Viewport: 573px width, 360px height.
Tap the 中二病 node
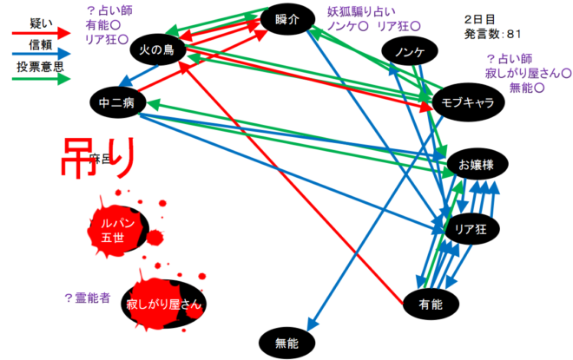tap(115, 102)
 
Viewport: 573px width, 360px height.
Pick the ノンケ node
tap(408, 52)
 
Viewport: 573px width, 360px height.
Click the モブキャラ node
tap(468, 102)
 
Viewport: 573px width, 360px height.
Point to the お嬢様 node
tap(475, 163)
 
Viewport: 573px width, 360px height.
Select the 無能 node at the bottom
tap(286, 343)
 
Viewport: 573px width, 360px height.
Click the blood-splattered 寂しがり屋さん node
tap(164, 304)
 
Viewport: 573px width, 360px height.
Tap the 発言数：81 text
tap(492, 35)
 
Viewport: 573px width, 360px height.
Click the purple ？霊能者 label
tap(88, 298)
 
